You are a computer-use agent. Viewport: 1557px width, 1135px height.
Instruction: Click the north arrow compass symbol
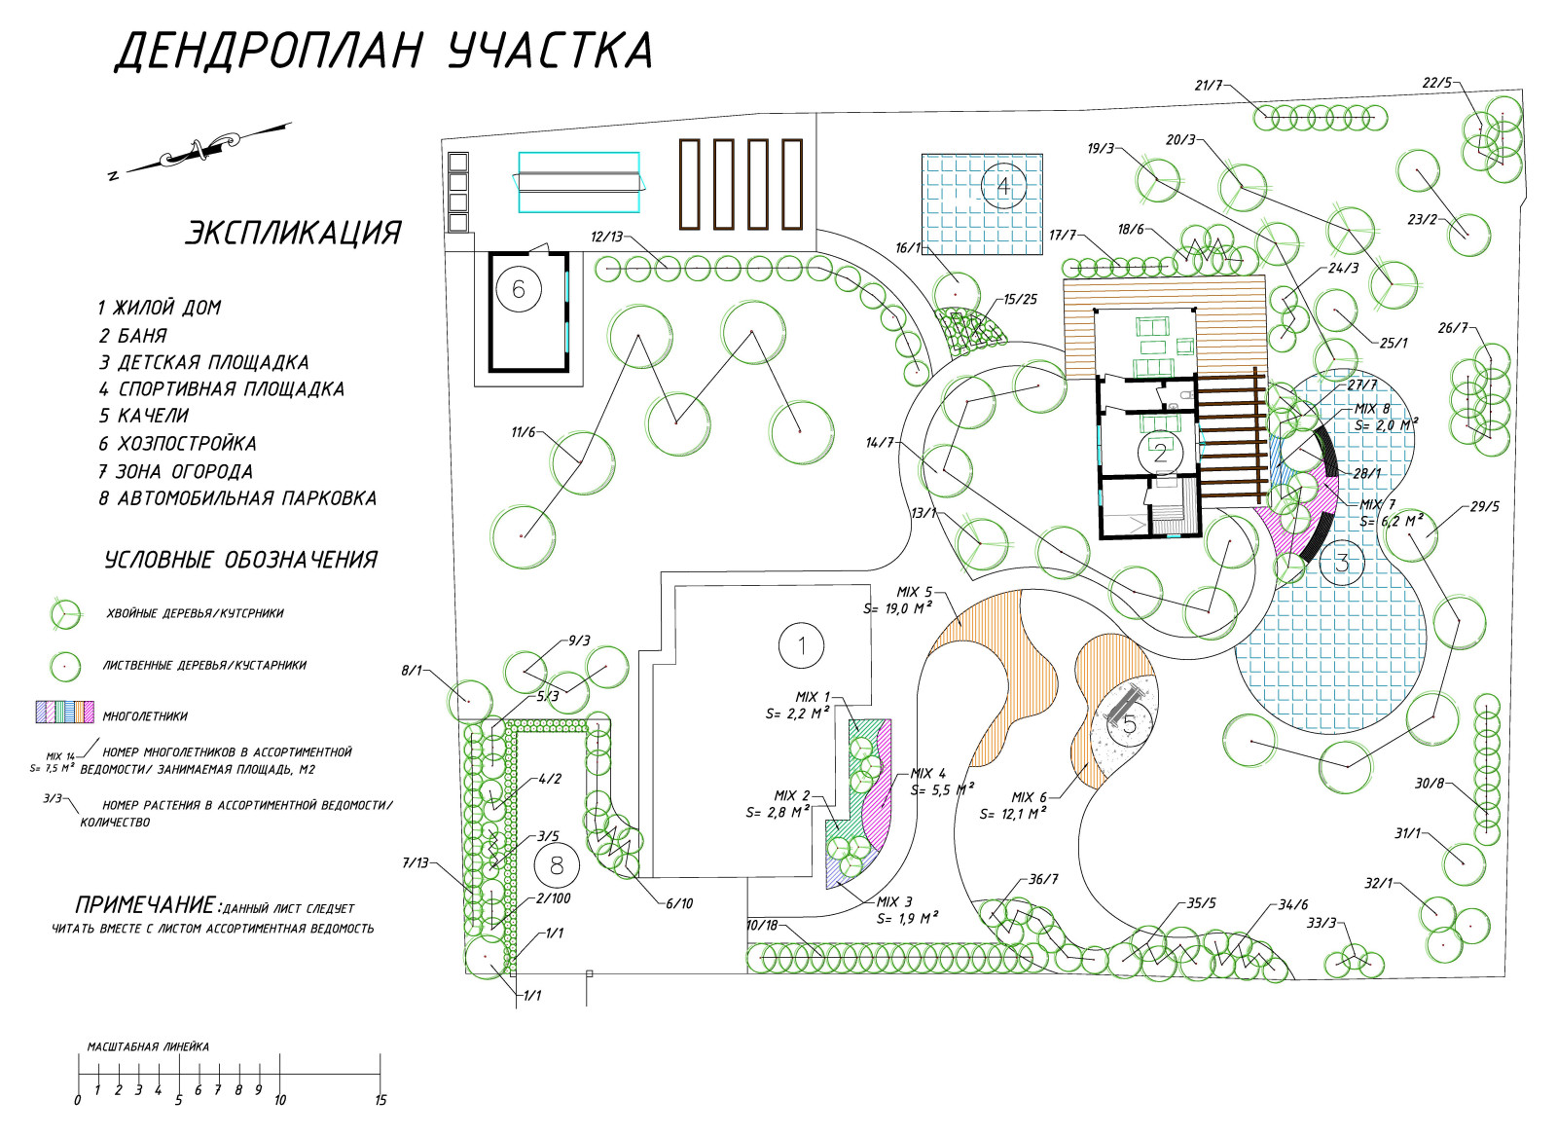pos(199,149)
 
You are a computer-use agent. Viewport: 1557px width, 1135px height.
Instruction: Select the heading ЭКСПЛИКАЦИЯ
pos(293,234)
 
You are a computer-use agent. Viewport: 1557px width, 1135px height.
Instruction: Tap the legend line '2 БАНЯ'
pos(132,336)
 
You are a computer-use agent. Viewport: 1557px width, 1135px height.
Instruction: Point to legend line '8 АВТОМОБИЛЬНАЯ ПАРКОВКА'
pos(236,498)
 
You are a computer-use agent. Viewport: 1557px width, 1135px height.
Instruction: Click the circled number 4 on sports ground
pos(1003,185)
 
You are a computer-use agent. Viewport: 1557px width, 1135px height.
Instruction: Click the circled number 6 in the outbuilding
pos(518,289)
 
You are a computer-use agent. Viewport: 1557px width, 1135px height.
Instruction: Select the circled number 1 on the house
pos(801,645)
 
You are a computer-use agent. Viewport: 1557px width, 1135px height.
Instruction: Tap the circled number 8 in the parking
pos(557,865)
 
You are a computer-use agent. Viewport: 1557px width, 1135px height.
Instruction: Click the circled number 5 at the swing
pos(1129,724)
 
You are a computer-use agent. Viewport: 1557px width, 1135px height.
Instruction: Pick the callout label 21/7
pos(1208,86)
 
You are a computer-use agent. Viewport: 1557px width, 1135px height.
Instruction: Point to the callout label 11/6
pos(524,432)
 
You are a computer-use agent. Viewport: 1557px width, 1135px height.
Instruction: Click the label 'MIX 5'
pos(914,592)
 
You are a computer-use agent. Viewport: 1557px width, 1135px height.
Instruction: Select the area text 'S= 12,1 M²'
pos(1013,814)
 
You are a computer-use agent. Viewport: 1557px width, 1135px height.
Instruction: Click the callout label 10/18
pos(762,925)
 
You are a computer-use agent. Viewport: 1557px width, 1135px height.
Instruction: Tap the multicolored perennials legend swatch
pos(64,712)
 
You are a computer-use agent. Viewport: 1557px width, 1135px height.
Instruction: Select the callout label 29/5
pos(1484,507)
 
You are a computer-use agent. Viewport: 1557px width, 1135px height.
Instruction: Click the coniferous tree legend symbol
pos(65,613)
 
